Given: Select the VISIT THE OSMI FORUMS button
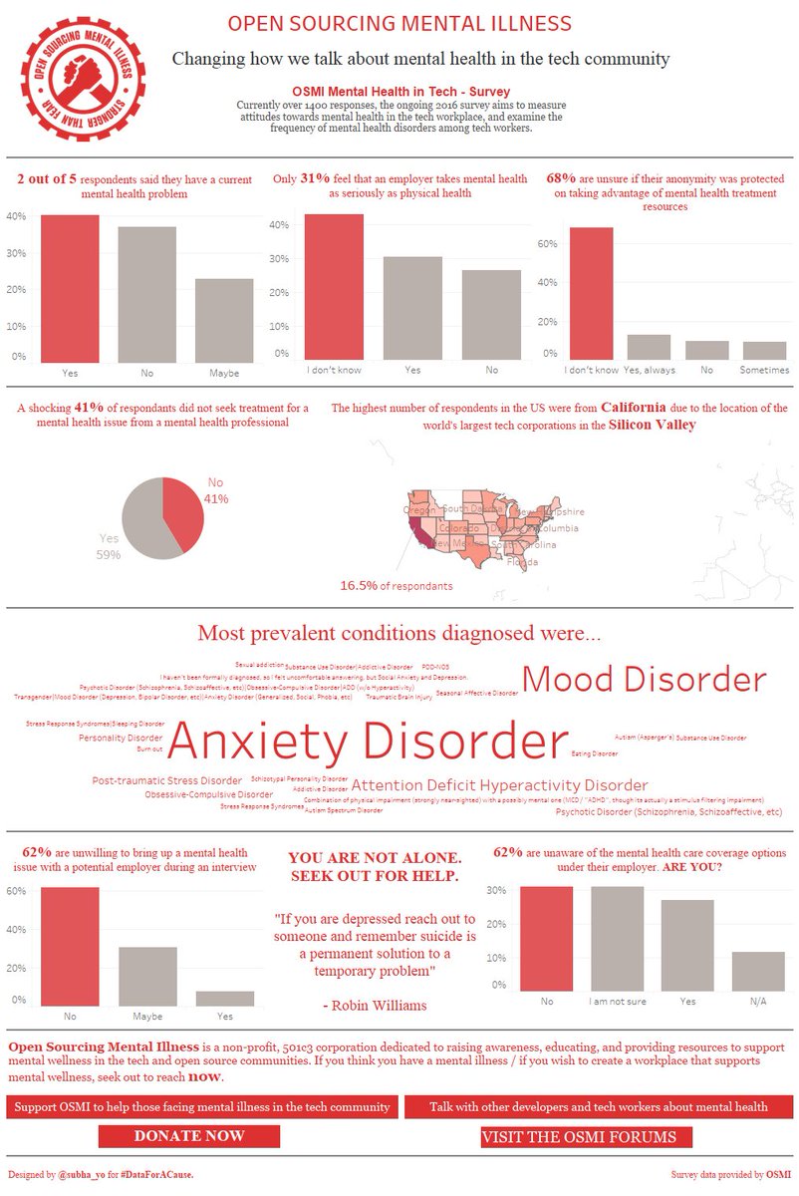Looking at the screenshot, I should click(x=586, y=1136).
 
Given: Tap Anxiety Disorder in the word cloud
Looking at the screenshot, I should click(x=367, y=743).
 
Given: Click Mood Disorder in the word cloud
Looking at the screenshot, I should click(x=644, y=680).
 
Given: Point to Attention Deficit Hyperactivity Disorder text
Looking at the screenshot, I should click(x=499, y=785).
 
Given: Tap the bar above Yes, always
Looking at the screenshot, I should click(x=649, y=346).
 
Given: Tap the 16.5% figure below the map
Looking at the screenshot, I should click(x=360, y=585).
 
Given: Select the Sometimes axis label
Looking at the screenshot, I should click(x=765, y=370).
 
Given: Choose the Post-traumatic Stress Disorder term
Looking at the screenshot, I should click(x=166, y=780).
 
